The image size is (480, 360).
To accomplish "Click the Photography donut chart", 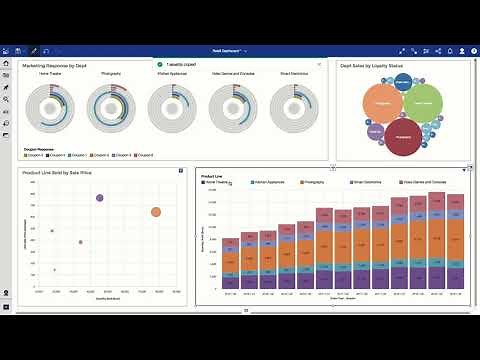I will point(111,106).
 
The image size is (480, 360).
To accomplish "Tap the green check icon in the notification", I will point(160,63).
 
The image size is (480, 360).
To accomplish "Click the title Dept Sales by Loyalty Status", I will point(372,65).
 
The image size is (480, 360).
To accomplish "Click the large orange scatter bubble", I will point(156,212).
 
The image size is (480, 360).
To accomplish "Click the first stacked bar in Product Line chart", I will point(231,263).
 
